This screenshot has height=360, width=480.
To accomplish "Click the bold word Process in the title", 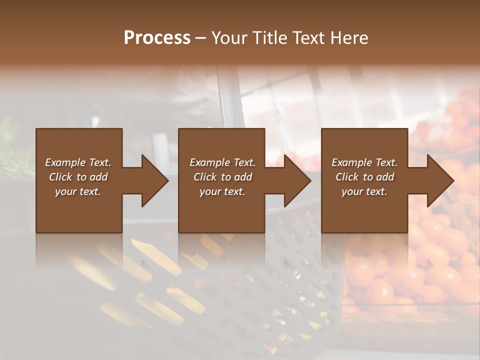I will click(x=157, y=38).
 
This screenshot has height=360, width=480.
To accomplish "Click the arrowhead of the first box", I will click(x=152, y=181).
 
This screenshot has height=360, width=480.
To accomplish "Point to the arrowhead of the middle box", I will click(x=295, y=181).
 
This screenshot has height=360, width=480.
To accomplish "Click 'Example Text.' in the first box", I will click(x=78, y=162).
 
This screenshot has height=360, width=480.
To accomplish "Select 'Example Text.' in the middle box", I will click(x=222, y=162).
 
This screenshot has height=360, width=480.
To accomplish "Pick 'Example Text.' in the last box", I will click(x=364, y=162).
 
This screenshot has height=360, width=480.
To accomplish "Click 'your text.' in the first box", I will click(x=78, y=191).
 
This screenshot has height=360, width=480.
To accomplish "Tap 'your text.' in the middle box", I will click(x=222, y=191).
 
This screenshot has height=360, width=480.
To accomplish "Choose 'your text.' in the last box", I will click(x=364, y=191).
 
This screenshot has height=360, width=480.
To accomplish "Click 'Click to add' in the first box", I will click(x=78, y=177).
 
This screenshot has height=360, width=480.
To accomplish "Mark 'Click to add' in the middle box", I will click(x=222, y=177).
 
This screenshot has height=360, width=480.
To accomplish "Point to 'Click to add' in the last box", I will click(x=364, y=177).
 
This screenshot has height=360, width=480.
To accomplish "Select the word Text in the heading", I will click(x=309, y=38).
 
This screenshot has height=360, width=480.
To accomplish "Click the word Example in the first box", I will click(x=65, y=162).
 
